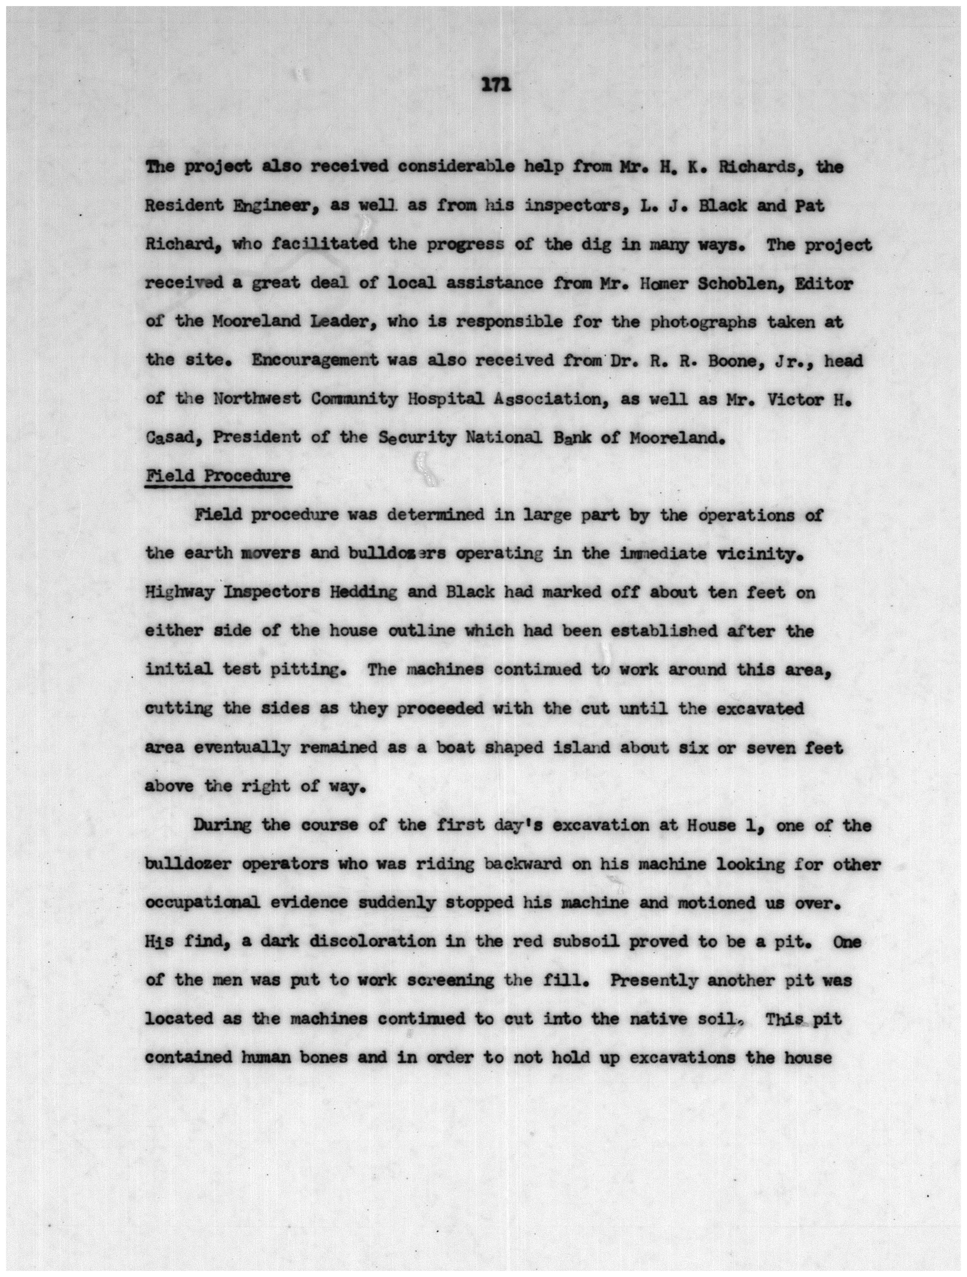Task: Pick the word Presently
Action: pos(654,980)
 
